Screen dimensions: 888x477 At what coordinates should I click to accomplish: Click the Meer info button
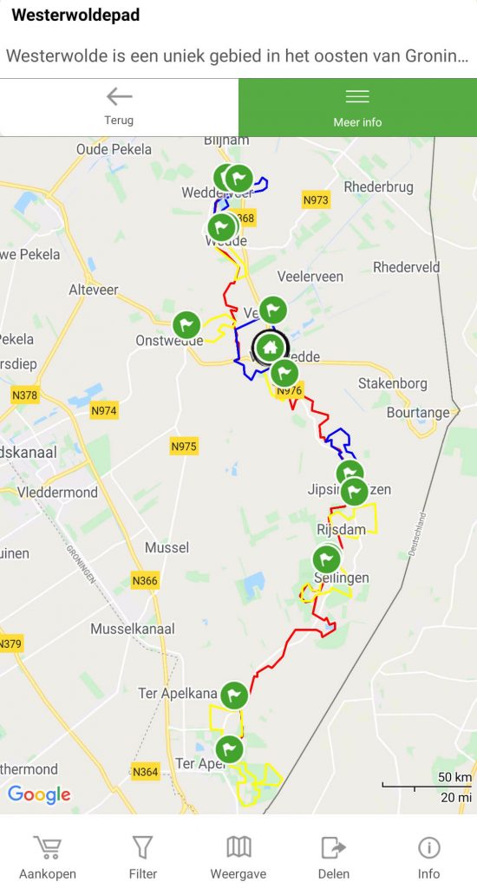pos(357,107)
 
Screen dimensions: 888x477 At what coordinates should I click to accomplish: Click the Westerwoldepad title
pos(75,16)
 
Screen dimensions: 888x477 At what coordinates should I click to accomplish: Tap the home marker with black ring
pos(270,348)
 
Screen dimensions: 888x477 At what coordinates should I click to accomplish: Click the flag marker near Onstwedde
pos(186,325)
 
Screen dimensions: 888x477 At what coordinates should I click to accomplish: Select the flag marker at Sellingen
pos(326,558)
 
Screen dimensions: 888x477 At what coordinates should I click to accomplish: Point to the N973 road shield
pos(316,200)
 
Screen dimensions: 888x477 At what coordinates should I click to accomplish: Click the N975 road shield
pos(184,447)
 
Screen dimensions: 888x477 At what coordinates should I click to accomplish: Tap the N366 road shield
pos(145,581)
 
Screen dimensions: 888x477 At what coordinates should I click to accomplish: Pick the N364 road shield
pos(146,771)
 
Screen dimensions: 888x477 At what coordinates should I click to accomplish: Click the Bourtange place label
pos(419,413)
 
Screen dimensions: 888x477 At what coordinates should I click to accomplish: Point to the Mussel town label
pos(167,548)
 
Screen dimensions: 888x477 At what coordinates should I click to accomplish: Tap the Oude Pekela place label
pos(115,149)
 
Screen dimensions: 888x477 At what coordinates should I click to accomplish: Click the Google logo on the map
pos(39,794)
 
